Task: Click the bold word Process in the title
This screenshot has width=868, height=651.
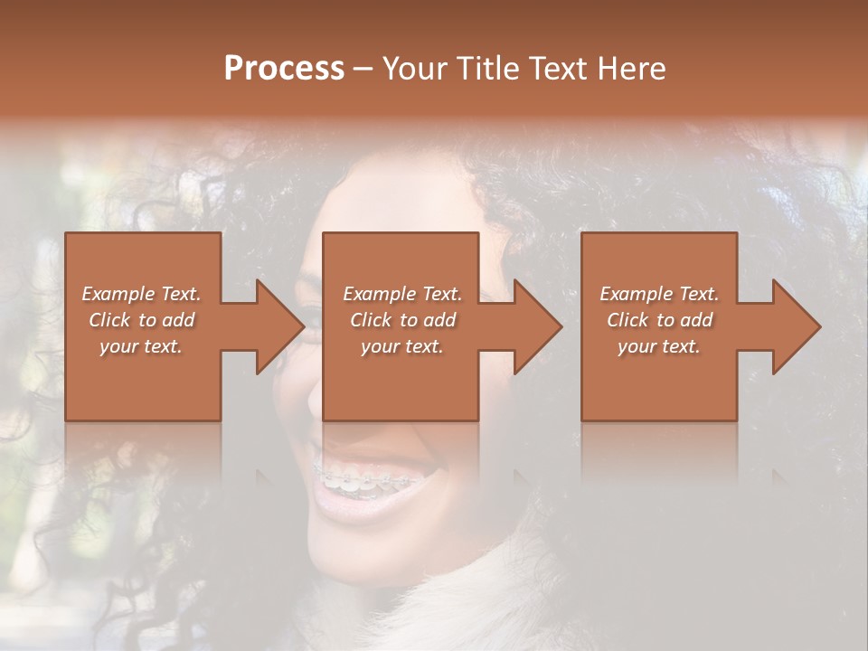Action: tap(284, 69)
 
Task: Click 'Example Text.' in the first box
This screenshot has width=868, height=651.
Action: tap(141, 294)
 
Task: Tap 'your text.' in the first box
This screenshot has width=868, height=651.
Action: tap(141, 346)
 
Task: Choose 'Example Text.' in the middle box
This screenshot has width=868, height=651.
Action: tap(402, 294)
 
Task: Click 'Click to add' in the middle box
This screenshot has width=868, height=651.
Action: tap(402, 320)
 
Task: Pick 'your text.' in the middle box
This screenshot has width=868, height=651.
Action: tap(402, 346)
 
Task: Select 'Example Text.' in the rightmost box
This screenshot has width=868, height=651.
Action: tap(659, 294)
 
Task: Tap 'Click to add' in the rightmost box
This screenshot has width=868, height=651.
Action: tap(659, 320)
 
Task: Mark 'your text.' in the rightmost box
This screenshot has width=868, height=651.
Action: tap(659, 346)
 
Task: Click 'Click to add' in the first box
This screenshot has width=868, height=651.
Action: tap(141, 320)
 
